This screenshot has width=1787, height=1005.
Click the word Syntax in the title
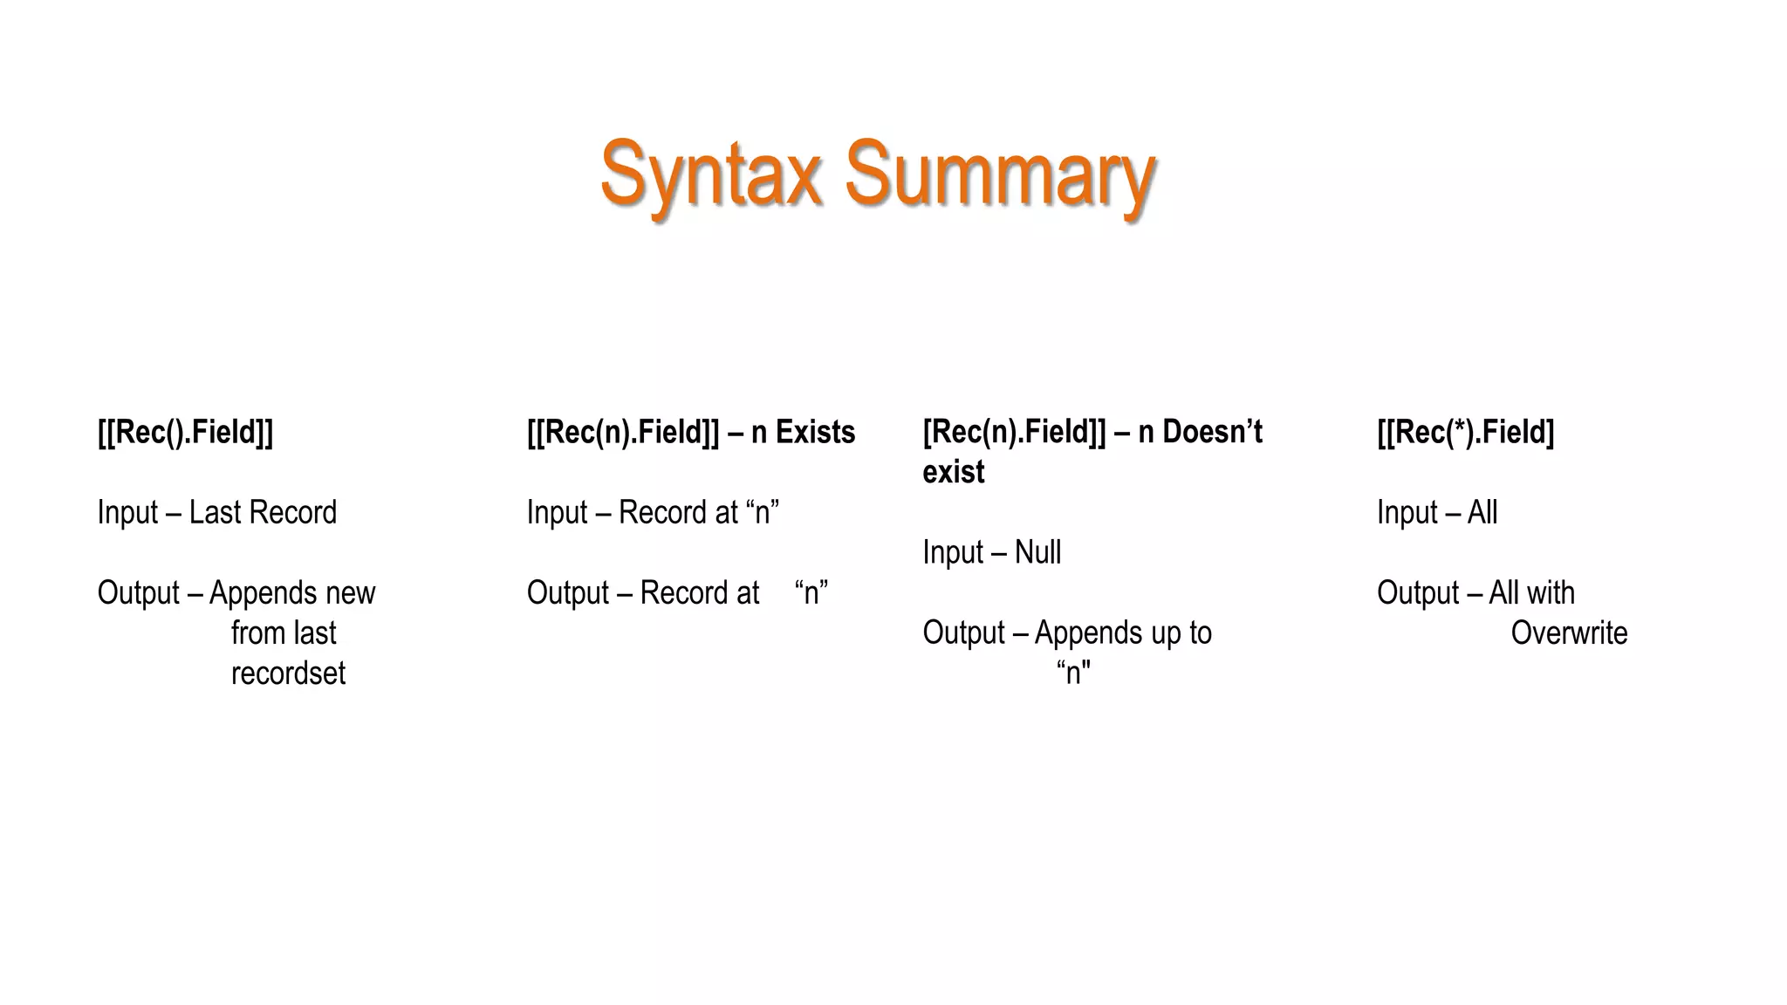(711, 174)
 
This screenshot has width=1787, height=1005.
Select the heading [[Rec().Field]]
(185, 432)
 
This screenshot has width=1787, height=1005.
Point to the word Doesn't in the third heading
(1212, 432)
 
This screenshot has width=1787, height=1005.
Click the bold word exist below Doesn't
(953, 472)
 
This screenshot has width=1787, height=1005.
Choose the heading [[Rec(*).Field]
(1465, 432)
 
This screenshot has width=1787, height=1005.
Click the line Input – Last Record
(216, 512)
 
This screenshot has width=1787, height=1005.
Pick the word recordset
(288, 673)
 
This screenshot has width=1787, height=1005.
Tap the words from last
(283, 632)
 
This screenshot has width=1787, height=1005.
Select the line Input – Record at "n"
(652, 512)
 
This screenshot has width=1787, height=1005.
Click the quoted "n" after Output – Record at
(811, 592)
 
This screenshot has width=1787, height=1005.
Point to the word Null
(1037, 552)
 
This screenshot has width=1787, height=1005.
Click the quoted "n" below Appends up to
(1073, 673)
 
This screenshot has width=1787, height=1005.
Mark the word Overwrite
(1569, 632)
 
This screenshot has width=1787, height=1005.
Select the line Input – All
(1436, 512)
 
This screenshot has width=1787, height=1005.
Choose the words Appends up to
(1123, 632)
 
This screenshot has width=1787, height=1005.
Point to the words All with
(1531, 592)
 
